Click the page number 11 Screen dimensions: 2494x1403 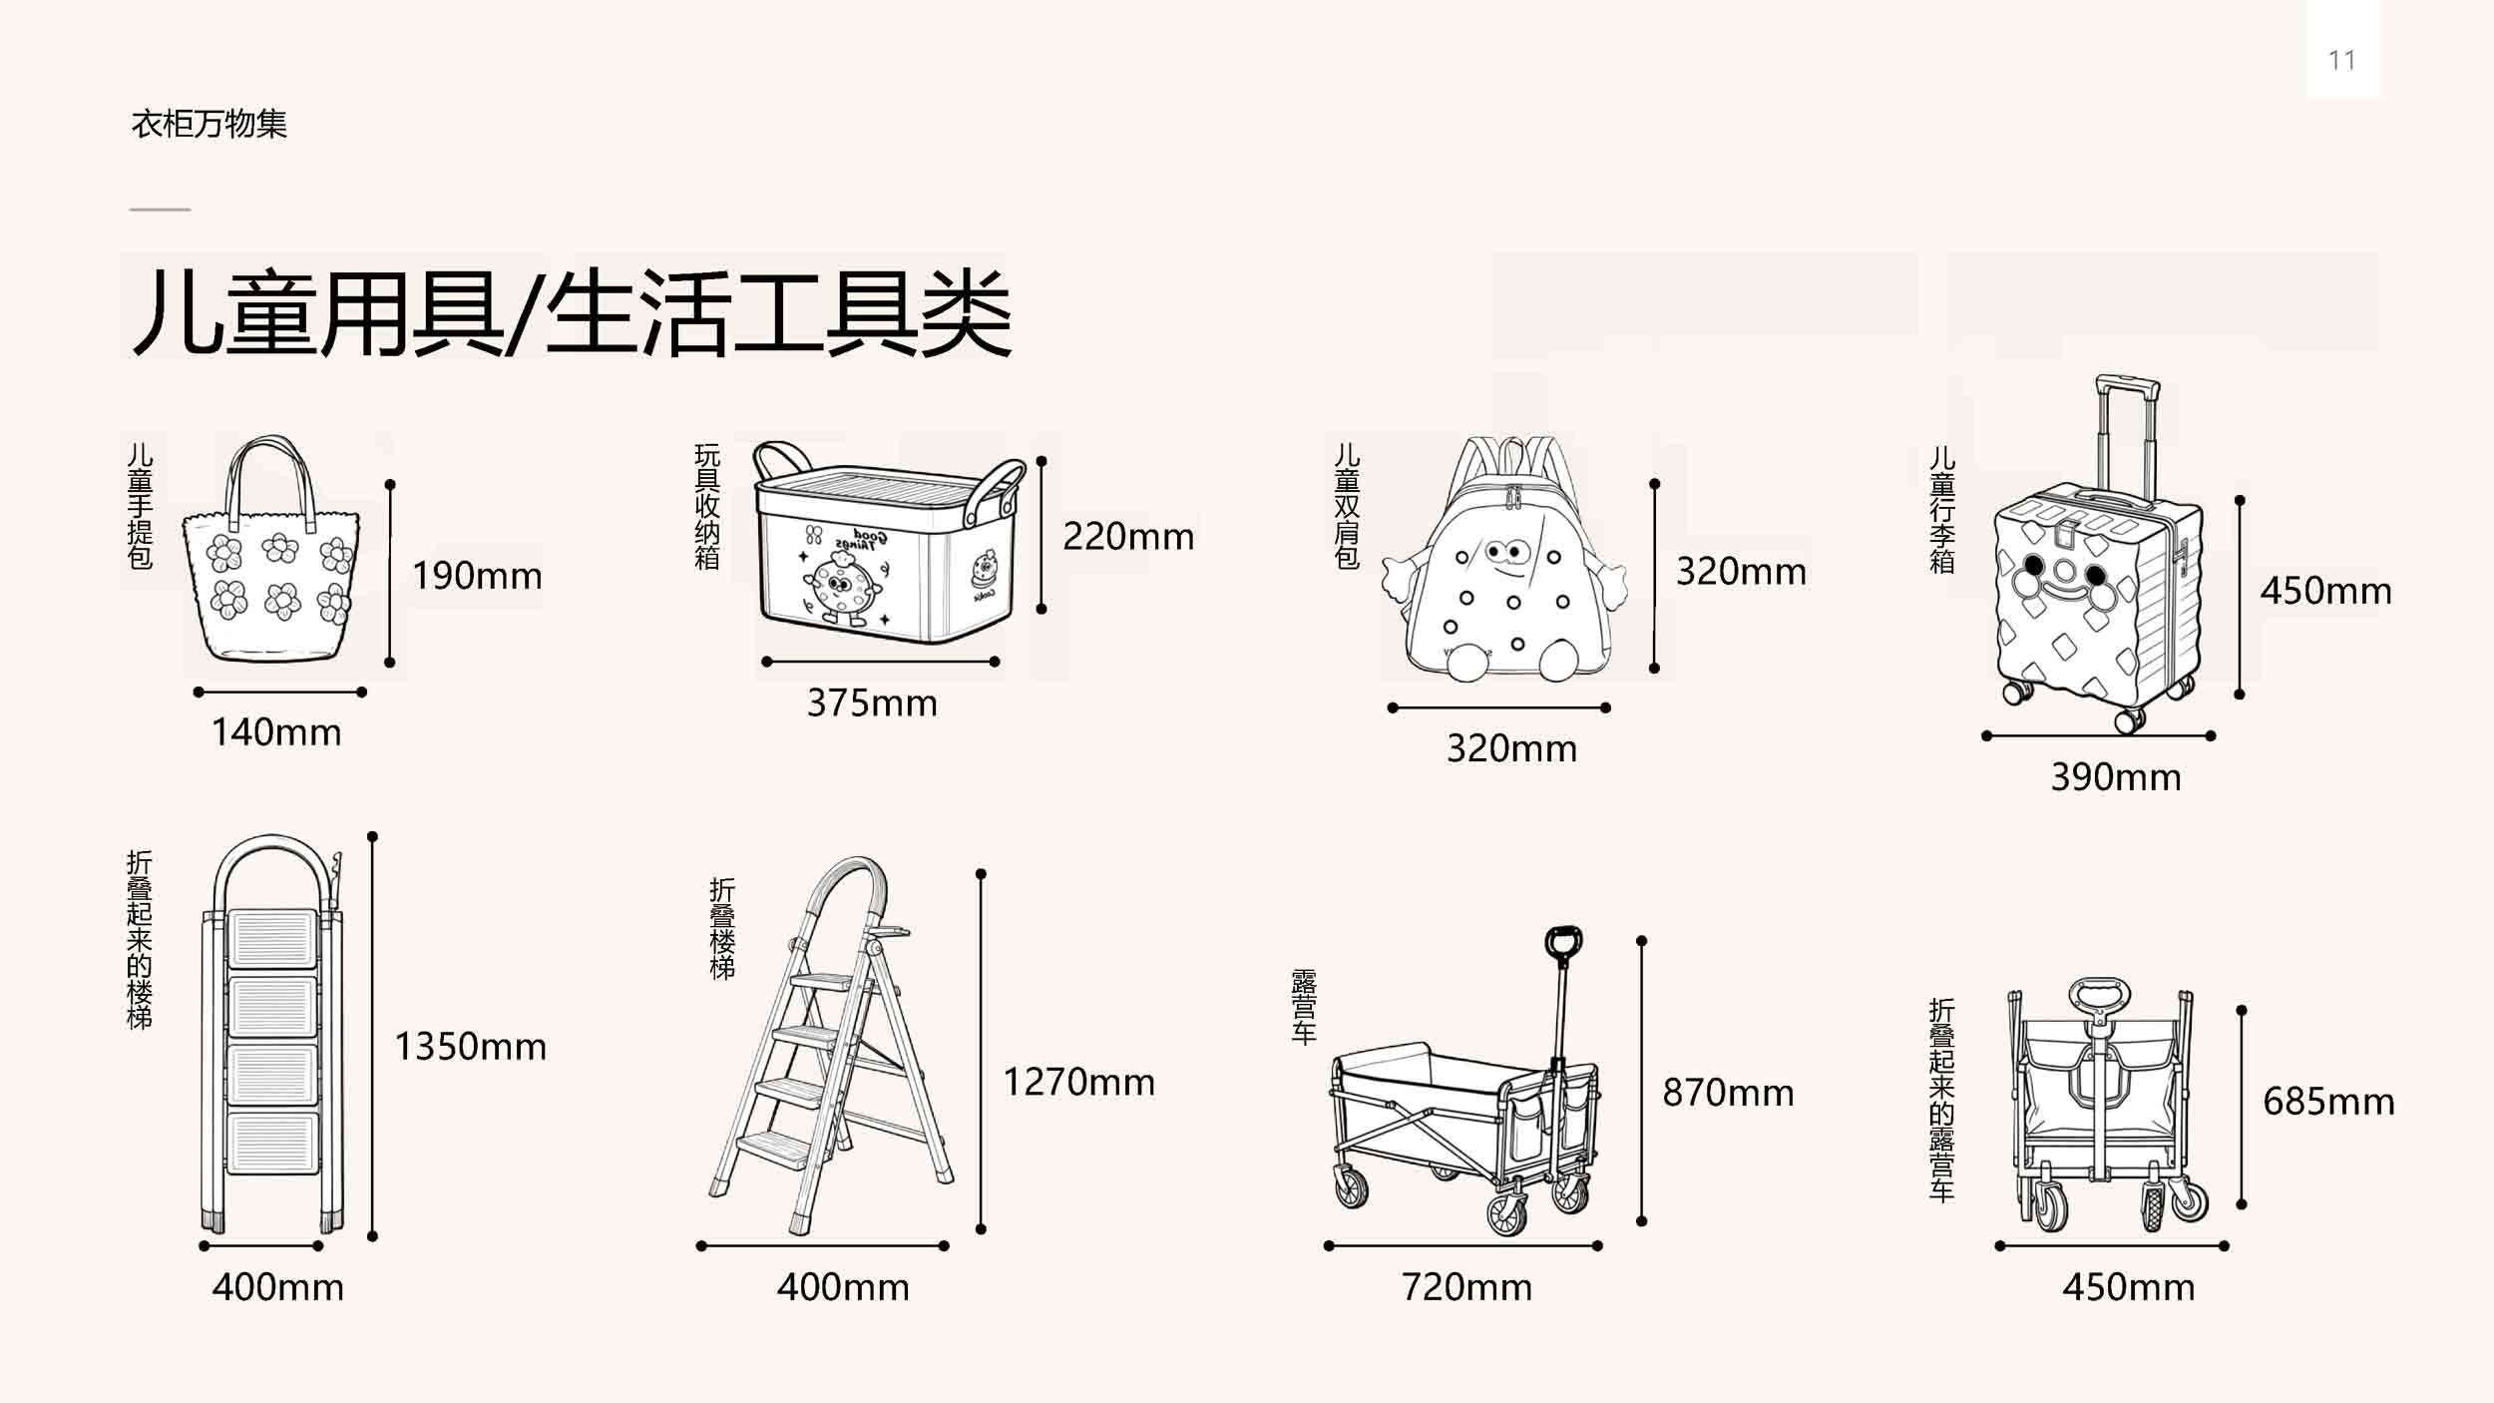click(2341, 60)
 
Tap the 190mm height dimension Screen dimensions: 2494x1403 click(477, 576)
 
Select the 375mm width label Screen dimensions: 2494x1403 click(872, 703)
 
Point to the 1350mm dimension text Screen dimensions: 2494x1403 click(470, 1047)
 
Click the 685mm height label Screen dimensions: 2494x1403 click(2328, 1102)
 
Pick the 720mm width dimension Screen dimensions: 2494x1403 click(1466, 1287)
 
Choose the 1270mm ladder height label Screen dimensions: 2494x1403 click(1078, 1083)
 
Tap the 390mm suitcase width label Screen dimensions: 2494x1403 click(2116, 777)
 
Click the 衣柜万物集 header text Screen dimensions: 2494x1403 click(209, 124)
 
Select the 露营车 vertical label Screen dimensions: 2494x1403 click(1304, 1006)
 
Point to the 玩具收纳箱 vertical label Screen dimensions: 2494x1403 click(707, 507)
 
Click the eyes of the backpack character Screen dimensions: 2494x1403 click(1504, 551)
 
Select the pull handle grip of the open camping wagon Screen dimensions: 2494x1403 click(1563, 943)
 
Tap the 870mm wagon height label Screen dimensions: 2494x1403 click(1728, 1093)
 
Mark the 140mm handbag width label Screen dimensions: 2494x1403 click(276, 732)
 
